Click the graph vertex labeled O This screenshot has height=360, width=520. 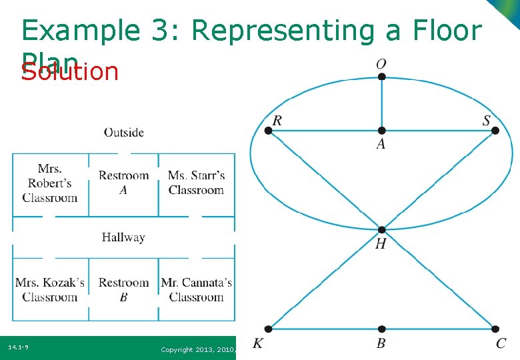click(381, 77)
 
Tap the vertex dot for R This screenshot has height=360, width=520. click(268, 131)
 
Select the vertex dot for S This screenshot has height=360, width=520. click(495, 131)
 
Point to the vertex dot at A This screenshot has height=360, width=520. click(381, 131)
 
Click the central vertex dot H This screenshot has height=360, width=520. click(381, 230)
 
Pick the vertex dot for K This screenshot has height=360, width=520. click(268, 329)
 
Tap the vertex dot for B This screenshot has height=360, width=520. click(381, 329)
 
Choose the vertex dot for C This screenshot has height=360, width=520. click(495, 329)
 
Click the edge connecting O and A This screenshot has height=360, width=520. click(381, 103)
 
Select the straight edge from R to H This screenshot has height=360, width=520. click(325, 180)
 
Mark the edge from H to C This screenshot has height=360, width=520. click(438, 279)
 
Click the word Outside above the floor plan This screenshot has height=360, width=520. click(123, 133)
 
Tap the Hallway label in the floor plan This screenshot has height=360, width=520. click(123, 237)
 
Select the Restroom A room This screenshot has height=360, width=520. click(123, 183)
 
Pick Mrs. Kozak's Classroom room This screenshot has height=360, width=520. click(50, 290)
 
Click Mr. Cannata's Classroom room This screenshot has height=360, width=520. click(197, 290)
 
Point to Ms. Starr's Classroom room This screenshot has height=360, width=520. click(197, 183)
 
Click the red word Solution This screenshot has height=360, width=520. click(69, 71)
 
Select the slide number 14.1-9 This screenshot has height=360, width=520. click(18, 347)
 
